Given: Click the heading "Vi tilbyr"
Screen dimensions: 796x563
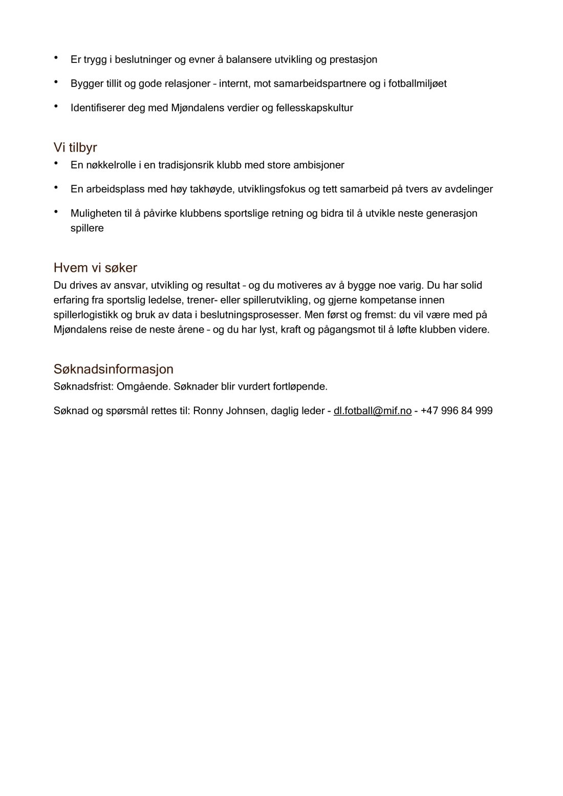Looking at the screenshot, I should pos(75,148).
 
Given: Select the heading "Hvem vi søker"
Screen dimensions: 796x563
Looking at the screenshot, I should pos(95,268).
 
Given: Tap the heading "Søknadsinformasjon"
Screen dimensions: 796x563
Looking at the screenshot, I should pos(113,369).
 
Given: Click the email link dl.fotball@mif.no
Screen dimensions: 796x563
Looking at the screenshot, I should pos(373,411).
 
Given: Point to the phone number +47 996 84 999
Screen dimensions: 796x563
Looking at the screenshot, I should pos(457,411).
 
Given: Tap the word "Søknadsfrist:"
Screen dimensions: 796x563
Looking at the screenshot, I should pos(83,386).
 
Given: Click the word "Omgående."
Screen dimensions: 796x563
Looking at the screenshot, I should pos(143,386).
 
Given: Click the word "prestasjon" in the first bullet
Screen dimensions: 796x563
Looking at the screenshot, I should pos(353,59).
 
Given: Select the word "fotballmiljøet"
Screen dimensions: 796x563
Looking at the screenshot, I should pos(417,83).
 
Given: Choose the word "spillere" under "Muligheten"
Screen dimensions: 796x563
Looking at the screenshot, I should pos(87,228).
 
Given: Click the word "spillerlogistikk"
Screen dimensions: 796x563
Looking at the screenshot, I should pos(85,314).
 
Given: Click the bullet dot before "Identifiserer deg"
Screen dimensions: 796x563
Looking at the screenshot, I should pos(56,106).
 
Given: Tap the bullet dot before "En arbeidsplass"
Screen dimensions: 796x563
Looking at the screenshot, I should pos(56,187).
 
